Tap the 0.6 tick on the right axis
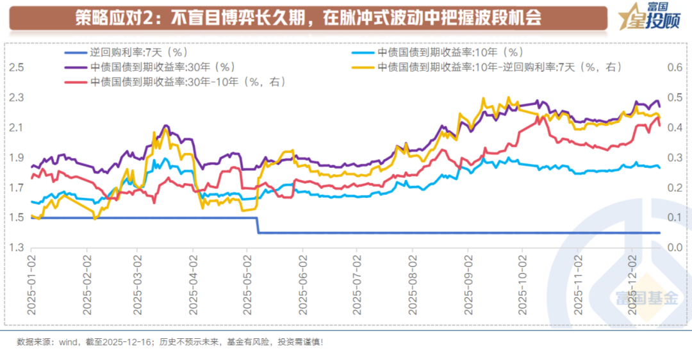tap(674, 67)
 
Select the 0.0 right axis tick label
tap(674, 248)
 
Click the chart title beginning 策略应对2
tap(308, 18)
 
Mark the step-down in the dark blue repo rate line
tap(258, 225)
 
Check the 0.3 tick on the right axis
tap(674, 158)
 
